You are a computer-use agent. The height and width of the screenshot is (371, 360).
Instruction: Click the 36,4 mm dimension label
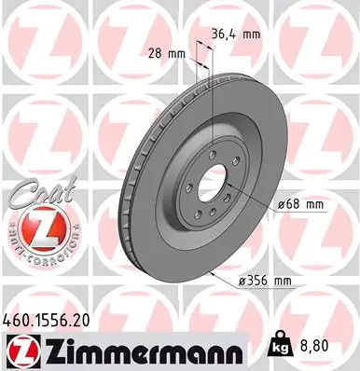[x=236, y=35]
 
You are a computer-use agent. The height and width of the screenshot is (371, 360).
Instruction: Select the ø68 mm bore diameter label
[x=300, y=204]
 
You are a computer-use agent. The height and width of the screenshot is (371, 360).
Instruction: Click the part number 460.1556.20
[x=59, y=318]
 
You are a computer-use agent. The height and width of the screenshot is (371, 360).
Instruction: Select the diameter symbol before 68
[x=282, y=204]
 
